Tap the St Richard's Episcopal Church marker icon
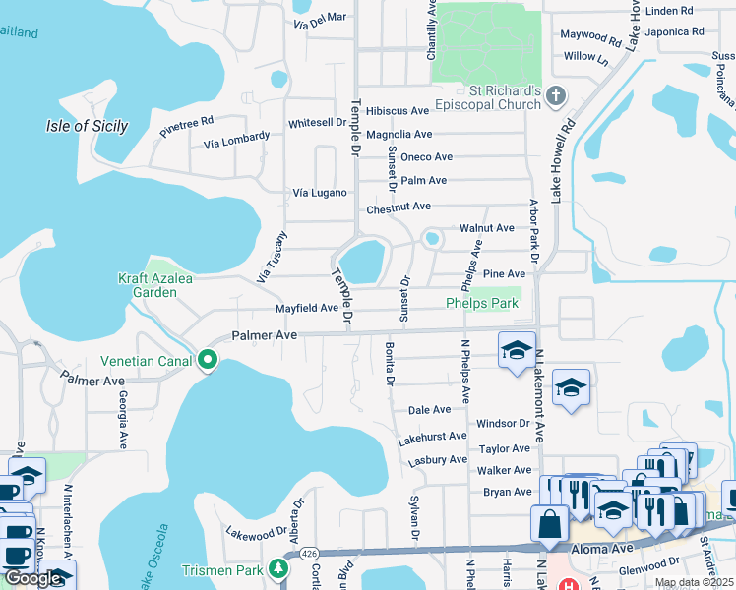[556, 95]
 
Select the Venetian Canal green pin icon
[208, 359]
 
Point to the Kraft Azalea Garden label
[148, 284]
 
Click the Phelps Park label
[482, 304]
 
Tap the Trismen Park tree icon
[279, 569]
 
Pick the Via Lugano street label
[321, 193]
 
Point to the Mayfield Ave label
[306, 308]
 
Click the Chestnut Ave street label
[399, 206]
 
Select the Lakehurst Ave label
[432, 436]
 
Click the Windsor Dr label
[503, 423]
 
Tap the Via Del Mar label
[320, 18]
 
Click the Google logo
[33, 578]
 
